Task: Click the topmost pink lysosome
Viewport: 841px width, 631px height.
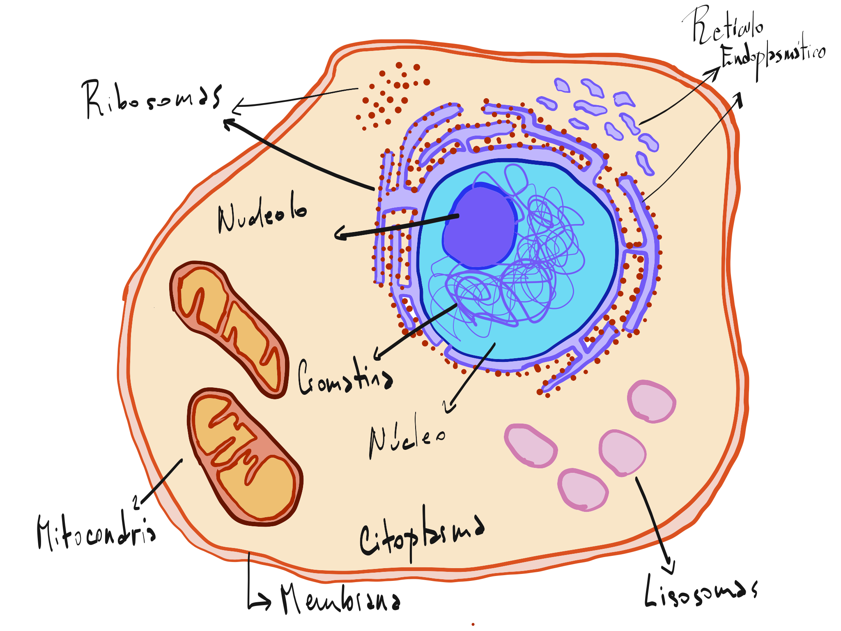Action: coord(651,401)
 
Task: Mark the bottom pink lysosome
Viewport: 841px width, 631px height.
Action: coord(583,490)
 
